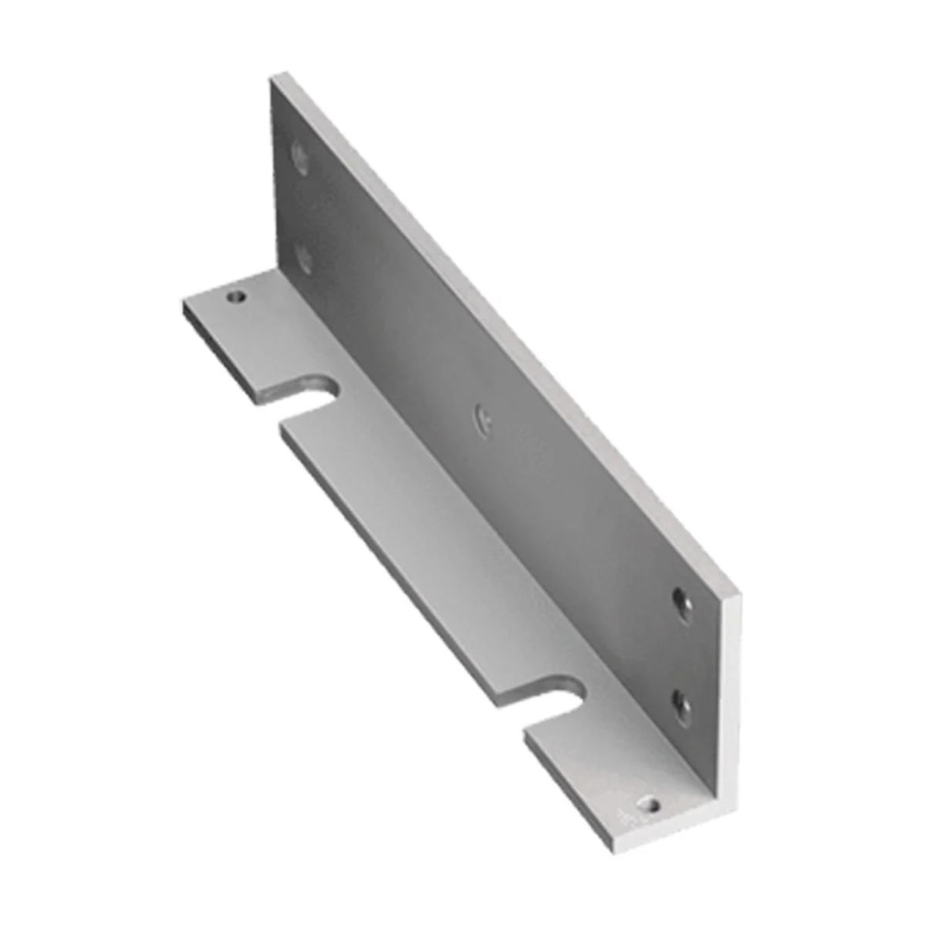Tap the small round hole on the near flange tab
pyautogui.click(x=654, y=808)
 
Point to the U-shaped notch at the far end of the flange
pyautogui.click(x=318, y=391)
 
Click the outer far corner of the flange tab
pyautogui.click(x=184, y=303)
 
